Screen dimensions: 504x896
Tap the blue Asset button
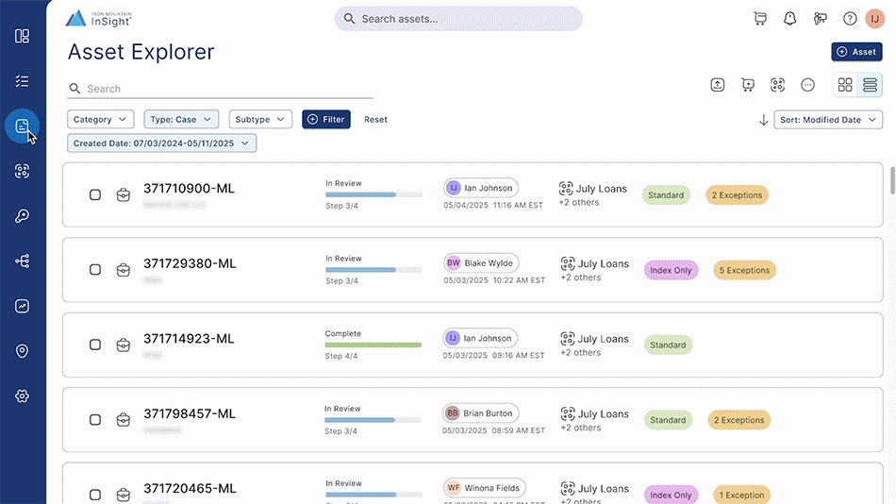coord(856,52)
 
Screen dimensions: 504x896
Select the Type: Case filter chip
coord(181,120)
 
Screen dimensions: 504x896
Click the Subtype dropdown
coord(259,120)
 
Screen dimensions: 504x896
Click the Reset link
coord(375,120)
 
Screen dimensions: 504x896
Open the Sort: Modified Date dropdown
coord(827,120)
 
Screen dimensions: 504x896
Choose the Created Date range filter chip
coord(161,143)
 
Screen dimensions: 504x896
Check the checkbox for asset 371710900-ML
coord(95,195)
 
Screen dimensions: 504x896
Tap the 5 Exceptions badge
coord(744,270)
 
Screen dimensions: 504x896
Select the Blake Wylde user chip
coord(481,263)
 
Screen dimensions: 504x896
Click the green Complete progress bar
coord(373,344)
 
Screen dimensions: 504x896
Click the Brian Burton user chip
coord(480,413)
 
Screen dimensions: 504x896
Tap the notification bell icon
coord(790,19)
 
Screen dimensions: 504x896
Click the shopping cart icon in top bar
coord(760,19)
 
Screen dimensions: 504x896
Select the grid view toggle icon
coord(845,85)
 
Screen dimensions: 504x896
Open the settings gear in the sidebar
coord(22,396)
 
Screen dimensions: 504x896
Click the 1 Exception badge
coord(740,495)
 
